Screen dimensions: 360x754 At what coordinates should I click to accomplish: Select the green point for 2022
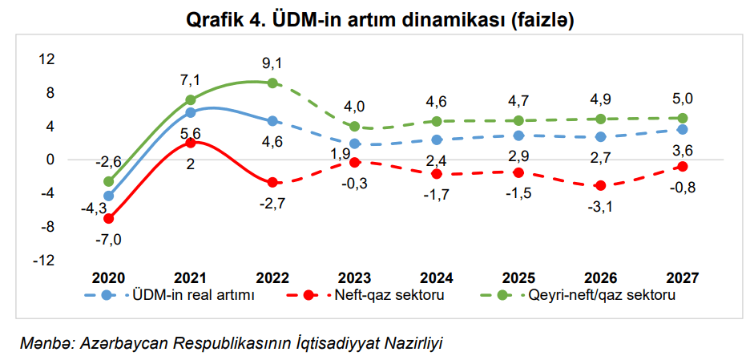click(272, 83)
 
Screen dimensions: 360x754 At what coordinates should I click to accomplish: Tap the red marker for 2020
click(108, 218)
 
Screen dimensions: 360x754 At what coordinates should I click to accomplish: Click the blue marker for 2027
click(682, 129)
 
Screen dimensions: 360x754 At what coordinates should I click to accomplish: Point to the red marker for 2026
click(600, 185)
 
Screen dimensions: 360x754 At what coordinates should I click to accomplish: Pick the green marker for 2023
click(354, 127)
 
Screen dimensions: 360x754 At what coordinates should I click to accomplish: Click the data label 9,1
click(272, 63)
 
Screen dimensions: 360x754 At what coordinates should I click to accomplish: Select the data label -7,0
click(109, 238)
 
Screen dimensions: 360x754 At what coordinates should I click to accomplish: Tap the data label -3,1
click(600, 206)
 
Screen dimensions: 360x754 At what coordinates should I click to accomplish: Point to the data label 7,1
click(190, 79)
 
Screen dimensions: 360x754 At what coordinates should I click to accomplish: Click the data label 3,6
click(683, 148)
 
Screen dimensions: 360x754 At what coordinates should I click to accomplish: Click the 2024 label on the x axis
click(436, 278)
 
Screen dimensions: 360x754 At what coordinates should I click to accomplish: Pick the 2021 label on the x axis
click(190, 278)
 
